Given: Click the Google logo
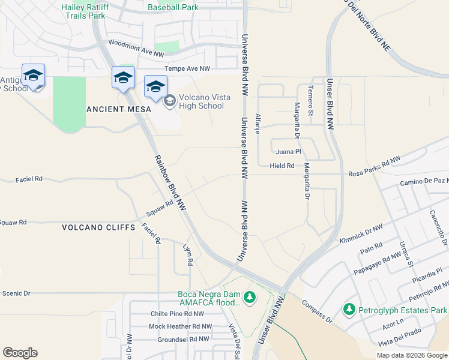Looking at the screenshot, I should pos(20,353).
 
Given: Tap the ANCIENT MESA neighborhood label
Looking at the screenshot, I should pos(115,109).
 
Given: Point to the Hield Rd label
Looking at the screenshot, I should pos(282,166).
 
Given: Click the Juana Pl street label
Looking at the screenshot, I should pos(289,152).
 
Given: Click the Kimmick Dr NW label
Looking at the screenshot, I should pos(361,227).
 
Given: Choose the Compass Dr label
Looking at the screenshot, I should pos(317,311).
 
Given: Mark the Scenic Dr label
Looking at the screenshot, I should pos(16,293).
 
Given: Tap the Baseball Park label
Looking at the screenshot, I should pos(173,8).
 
